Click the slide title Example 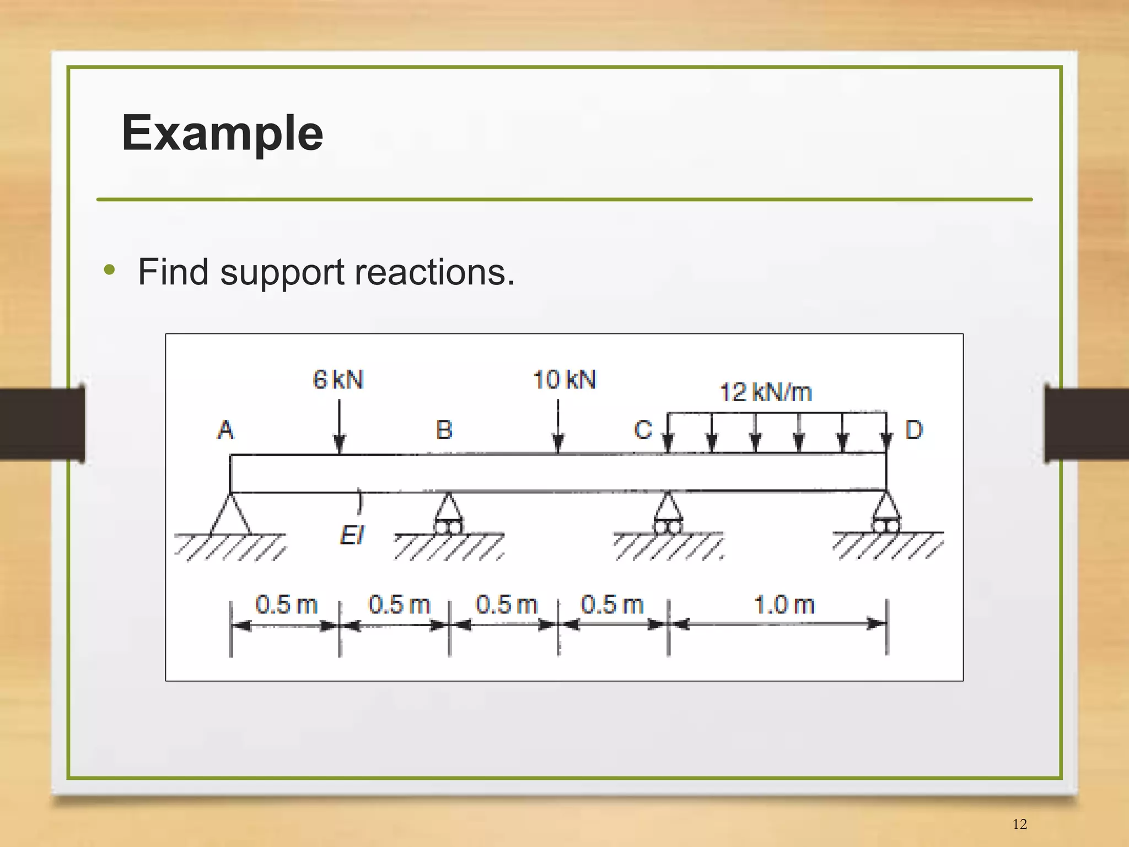[222, 133]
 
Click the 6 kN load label [338, 380]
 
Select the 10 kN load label [564, 380]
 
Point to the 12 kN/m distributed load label [766, 392]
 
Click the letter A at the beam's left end [225, 430]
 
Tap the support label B [444, 430]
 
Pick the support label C [643, 430]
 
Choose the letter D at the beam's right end [913, 430]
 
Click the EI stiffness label [352, 535]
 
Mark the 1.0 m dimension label [784, 605]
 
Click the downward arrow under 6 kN [340, 427]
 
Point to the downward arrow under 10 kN [558, 427]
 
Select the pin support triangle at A [230, 515]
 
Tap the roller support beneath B [448, 514]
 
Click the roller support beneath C [668, 514]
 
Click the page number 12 [1019, 824]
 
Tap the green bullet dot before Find [110, 270]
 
